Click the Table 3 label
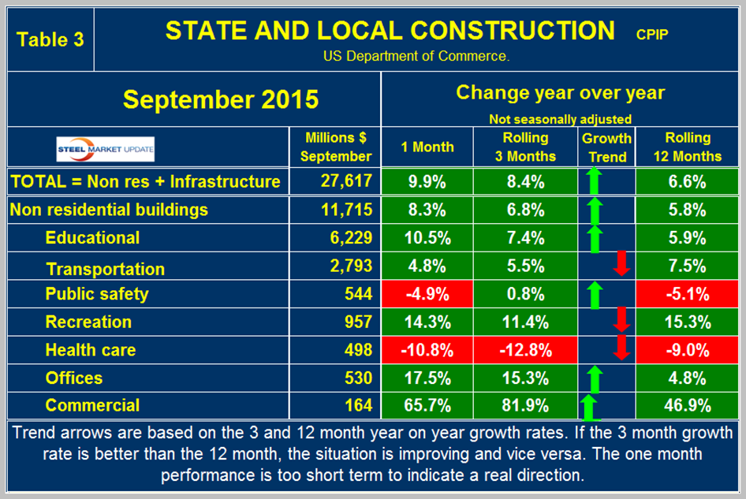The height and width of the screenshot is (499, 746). pos(50,39)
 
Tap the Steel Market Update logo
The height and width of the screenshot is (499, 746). pos(105,147)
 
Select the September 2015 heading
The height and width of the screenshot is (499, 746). pos(221,99)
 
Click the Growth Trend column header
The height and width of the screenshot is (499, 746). pos(606,147)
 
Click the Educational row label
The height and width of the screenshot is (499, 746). pos(92,238)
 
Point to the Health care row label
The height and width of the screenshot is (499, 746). pos(90,350)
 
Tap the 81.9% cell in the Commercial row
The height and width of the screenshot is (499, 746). pos(526,406)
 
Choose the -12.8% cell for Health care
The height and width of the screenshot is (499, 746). pos(526,350)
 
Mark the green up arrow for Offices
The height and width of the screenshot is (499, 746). pos(595,378)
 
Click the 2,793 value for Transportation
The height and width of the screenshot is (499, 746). pos(349,266)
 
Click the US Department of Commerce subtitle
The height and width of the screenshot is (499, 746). pos(416,56)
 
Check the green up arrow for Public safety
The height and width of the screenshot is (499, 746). pos(595,294)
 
